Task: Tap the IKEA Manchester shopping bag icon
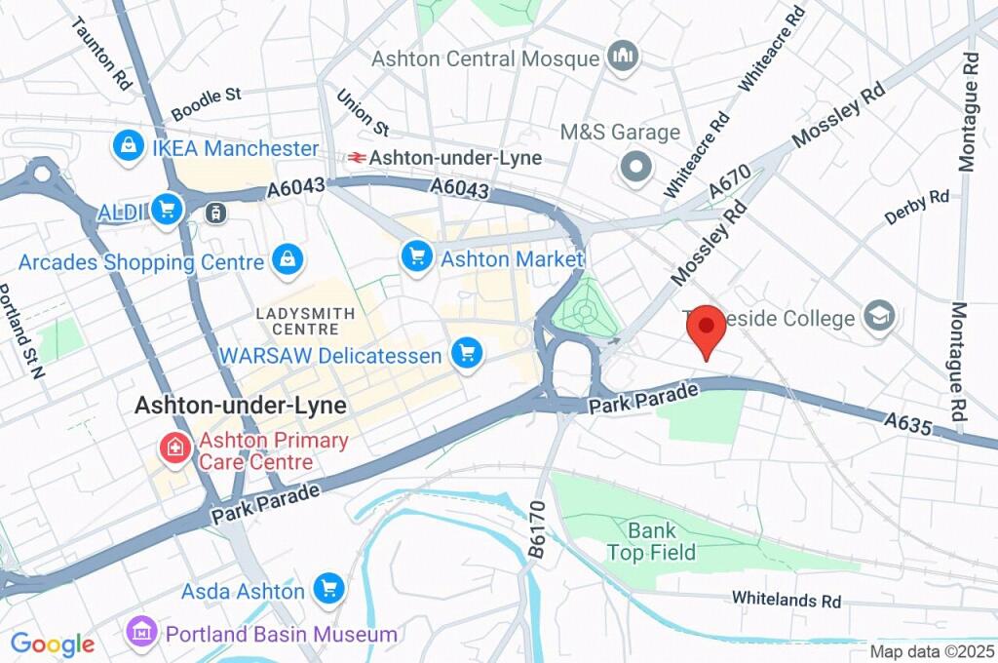[128, 148]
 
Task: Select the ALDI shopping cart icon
[168, 210]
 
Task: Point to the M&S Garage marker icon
[636, 168]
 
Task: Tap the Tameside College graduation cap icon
[880, 318]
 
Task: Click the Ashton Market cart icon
[417, 258]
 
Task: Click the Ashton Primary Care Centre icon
[174, 449]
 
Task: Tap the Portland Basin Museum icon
[142, 633]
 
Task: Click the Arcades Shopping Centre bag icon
[288, 260]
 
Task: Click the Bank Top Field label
[652, 542]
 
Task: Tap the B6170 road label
[536, 529]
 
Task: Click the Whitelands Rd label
[786, 600]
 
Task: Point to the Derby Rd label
[916, 207]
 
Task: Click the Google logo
[53, 643]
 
